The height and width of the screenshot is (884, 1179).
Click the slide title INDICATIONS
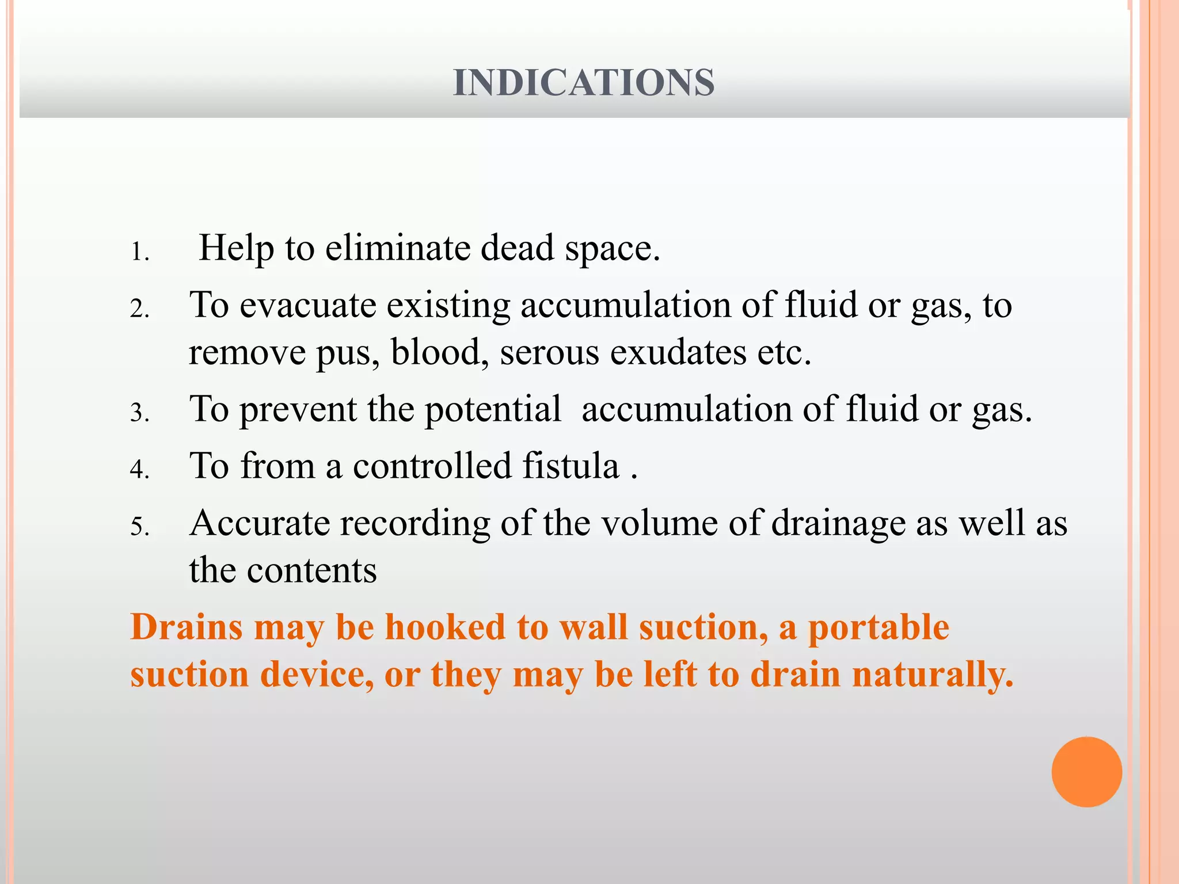[x=584, y=82]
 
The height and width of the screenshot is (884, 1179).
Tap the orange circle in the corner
[x=1086, y=772]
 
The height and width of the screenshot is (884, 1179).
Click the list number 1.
[x=139, y=252]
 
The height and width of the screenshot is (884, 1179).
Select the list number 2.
[x=139, y=309]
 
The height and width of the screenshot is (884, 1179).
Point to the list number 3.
[x=139, y=413]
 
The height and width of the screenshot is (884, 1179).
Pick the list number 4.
[x=139, y=469]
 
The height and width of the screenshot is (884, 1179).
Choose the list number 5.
[x=139, y=527]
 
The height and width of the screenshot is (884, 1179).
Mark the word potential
[x=493, y=409]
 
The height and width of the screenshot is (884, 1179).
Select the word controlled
[x=432, y=466]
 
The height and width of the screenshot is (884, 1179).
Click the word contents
[x=311, y=570]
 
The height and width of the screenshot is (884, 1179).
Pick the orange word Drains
[x=187, y=627]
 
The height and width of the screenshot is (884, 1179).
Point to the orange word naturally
[x=932, y=675]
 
